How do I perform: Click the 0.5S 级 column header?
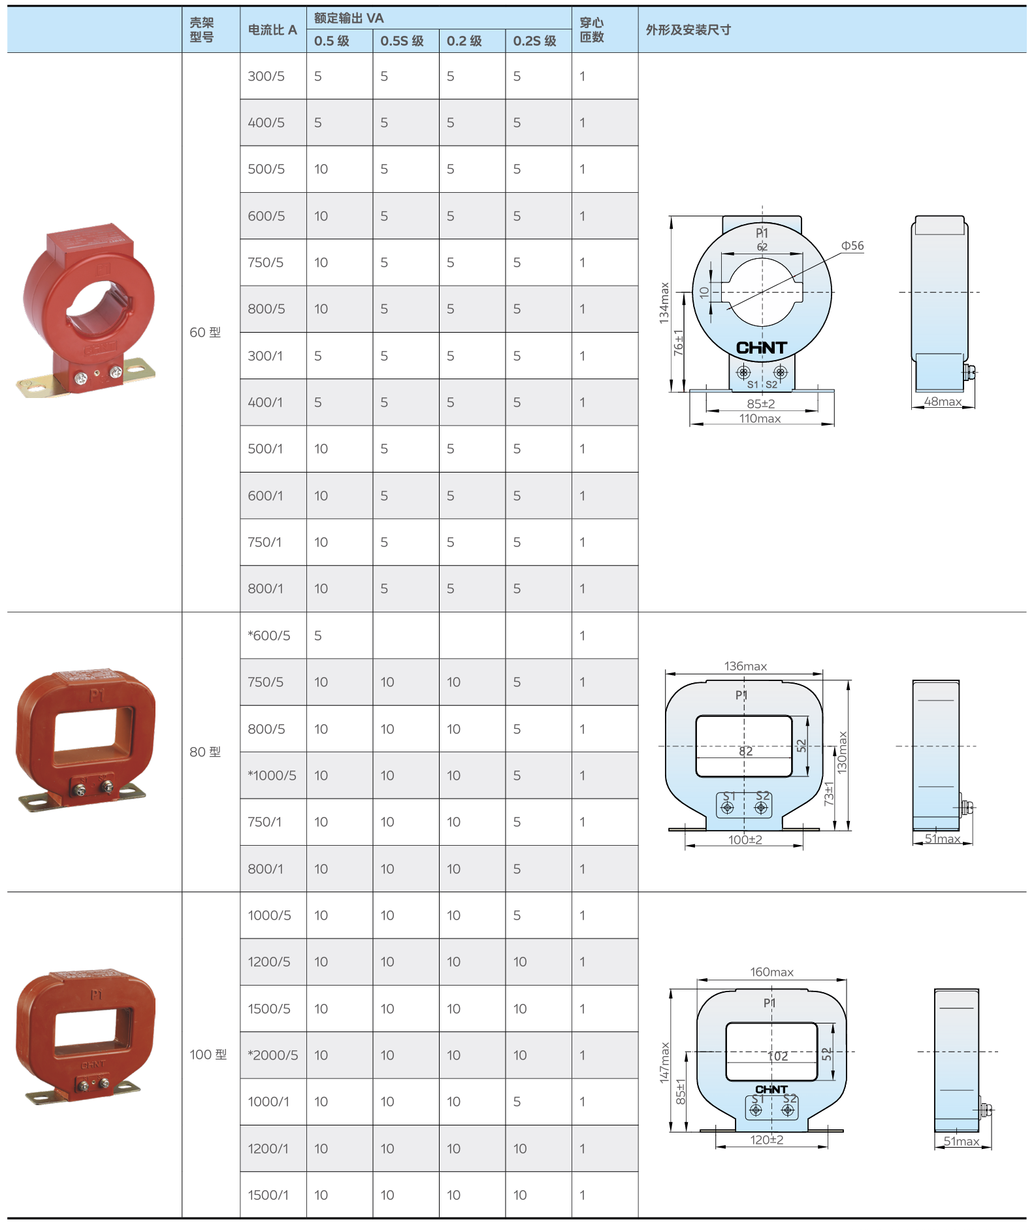[402, 41]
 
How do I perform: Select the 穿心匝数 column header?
[592, 30]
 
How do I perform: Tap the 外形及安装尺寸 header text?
[688, 30]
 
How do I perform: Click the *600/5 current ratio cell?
[268, 635]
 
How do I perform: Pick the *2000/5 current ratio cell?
[272, 1055]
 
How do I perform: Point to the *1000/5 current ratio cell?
[272, 775]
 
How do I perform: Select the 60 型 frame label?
[205, 332]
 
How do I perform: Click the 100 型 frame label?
[208, 1054]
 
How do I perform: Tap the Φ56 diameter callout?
[852, 246]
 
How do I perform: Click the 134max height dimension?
[664, 303]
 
